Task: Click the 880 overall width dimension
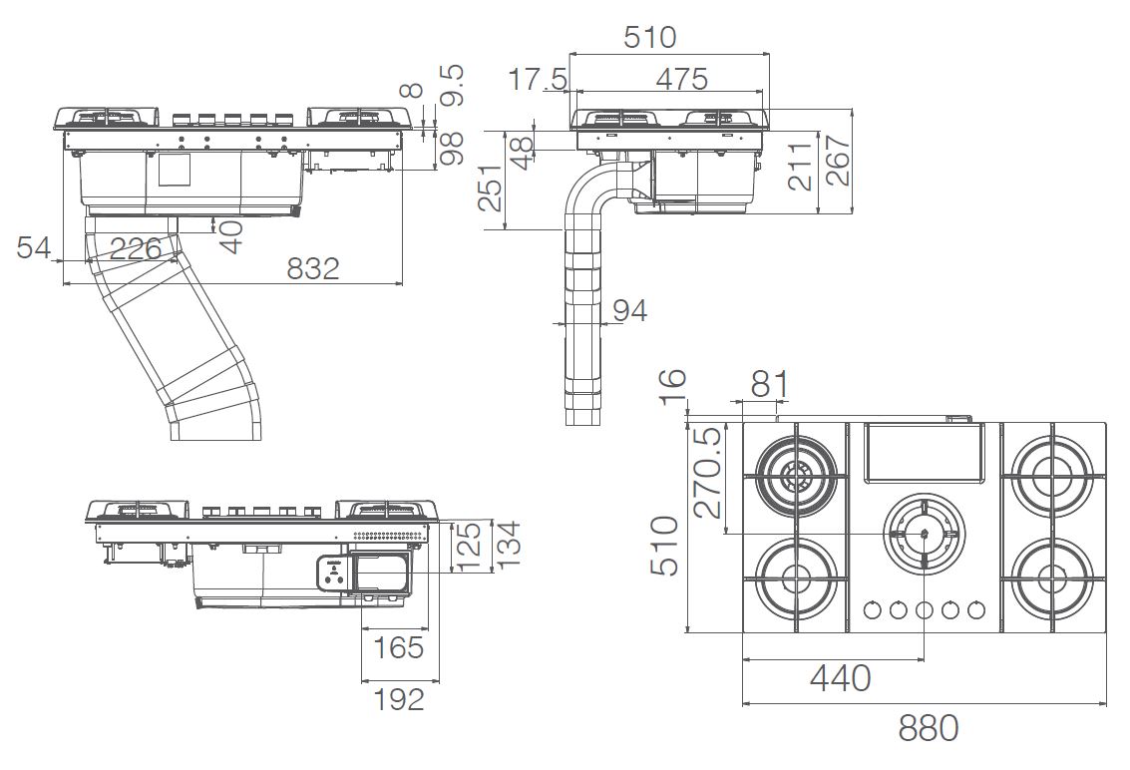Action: [928, 728]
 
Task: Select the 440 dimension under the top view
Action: [841, 678]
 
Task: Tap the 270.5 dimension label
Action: [710, 472]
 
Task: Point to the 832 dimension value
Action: [313, 268]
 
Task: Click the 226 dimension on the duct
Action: [136, 248]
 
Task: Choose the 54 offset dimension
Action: [34, 247]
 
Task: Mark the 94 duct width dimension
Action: [630, 310]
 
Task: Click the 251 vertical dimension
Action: [491, 188]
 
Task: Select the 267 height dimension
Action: [838, 160]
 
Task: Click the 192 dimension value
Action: [399, 698]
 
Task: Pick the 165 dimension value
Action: [399, 647]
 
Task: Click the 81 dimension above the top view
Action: [770, 384]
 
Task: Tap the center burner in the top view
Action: [924, 533]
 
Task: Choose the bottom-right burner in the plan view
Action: [1052, 577]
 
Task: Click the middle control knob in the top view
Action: [924, 610]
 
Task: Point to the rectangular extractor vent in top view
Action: [924, 452]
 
